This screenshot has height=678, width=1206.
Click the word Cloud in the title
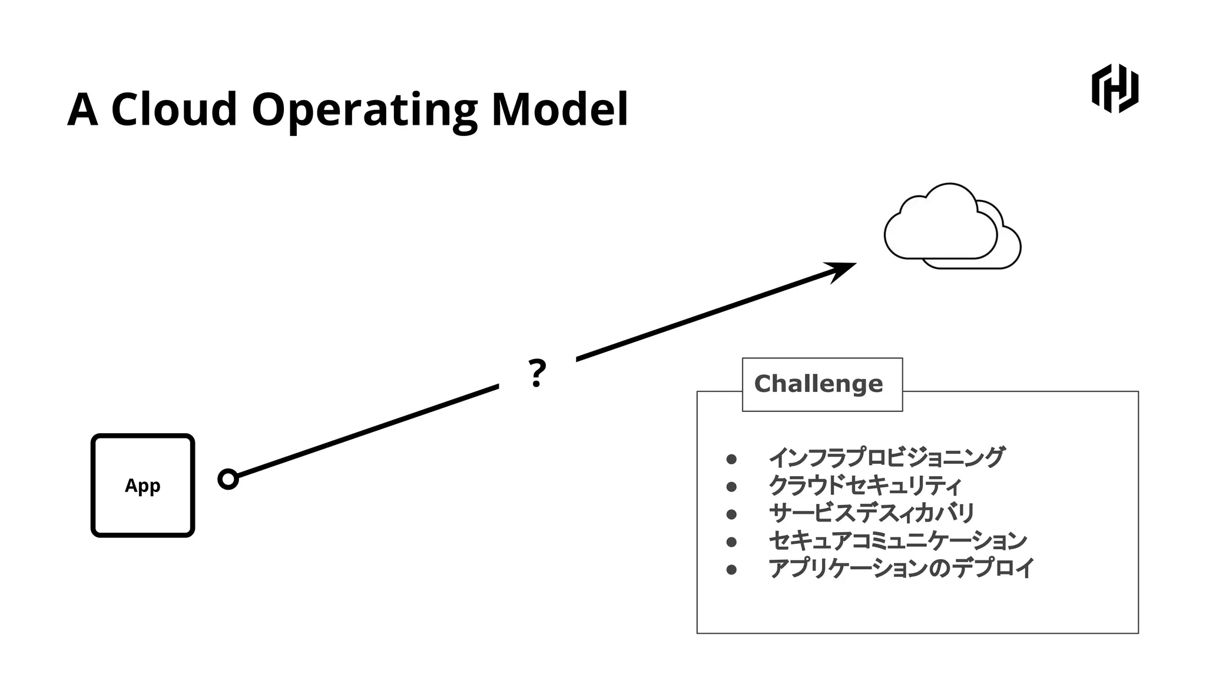(x=174, y=109)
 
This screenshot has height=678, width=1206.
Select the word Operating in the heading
(x=364, y=109)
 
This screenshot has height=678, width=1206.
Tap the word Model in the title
(x=559, y=109)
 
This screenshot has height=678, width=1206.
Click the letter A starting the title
(x=82, y=109)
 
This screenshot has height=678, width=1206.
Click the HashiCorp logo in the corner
(x=1115, y=88)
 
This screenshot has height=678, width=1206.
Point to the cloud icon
(x=952, y=227)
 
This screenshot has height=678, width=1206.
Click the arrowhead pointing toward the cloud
(x=841, y=271)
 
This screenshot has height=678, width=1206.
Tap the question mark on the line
(x=536, y=373)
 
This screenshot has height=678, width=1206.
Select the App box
(x=143, y=486)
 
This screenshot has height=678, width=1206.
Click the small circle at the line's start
(x=228, y=479)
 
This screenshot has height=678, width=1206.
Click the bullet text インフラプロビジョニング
(x=886, y=457)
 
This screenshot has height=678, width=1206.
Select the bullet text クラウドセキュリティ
(x=864, y=486)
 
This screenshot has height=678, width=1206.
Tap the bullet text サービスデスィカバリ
(x=872, y=513)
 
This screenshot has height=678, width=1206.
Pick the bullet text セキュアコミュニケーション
(x=897, y=540)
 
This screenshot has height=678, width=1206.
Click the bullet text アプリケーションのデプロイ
(x=901, y=568)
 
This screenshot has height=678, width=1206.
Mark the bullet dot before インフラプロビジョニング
(x=731, y=459)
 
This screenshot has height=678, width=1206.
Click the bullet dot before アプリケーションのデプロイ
(x=731, y=569)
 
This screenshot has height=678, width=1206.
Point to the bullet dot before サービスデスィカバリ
(x=731, y=514)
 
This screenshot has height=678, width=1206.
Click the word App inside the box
(x=143, y=486)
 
